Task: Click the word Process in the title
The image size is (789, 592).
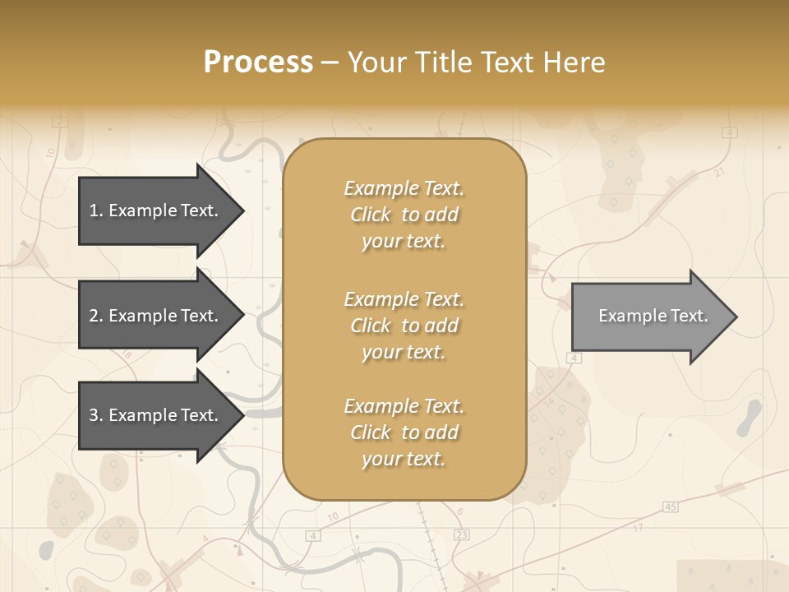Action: coord(258,62)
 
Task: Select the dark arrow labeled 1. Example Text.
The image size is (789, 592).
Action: coord(156,210)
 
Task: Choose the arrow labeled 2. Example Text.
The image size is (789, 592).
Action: coord(156,316)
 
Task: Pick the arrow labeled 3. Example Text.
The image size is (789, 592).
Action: coord(156,415)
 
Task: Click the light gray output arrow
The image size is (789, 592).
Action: coord(649,316)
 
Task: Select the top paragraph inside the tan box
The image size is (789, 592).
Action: coord(404,215)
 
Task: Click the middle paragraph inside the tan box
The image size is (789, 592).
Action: coord(404,326)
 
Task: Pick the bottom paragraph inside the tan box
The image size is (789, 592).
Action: coord(404,432)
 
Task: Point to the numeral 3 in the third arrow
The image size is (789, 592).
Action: coord(94,415)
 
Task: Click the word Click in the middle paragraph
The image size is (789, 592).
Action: coord(371,326)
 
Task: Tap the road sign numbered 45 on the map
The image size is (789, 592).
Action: coord(670,506)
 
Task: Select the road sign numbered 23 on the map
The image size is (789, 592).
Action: coord(461,535)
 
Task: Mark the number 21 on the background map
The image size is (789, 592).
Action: coord(720,173)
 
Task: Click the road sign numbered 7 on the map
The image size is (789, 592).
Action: coord(58,123)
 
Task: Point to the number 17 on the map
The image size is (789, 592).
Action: coord(638,527)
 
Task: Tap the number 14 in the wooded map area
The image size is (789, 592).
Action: coord(550,403)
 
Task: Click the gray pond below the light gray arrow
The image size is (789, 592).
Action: coord(749,418)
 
